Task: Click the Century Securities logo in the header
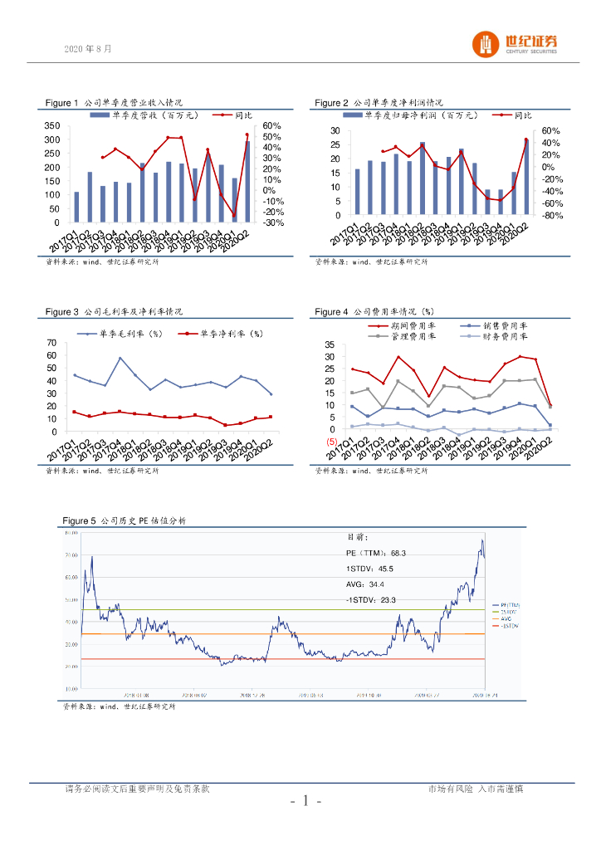click(515, 44)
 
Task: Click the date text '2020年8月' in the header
click(87, 49)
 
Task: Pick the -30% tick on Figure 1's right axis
click(273, 222)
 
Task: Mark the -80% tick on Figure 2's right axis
click(553, 216)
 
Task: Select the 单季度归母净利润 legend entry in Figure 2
click(415, 115)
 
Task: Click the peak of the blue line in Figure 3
click(120, 358)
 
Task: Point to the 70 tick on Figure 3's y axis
click(51, 343)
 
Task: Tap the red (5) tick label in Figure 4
click(330, 442)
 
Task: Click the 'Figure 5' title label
click(79, 520)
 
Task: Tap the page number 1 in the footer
click(305, 801)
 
